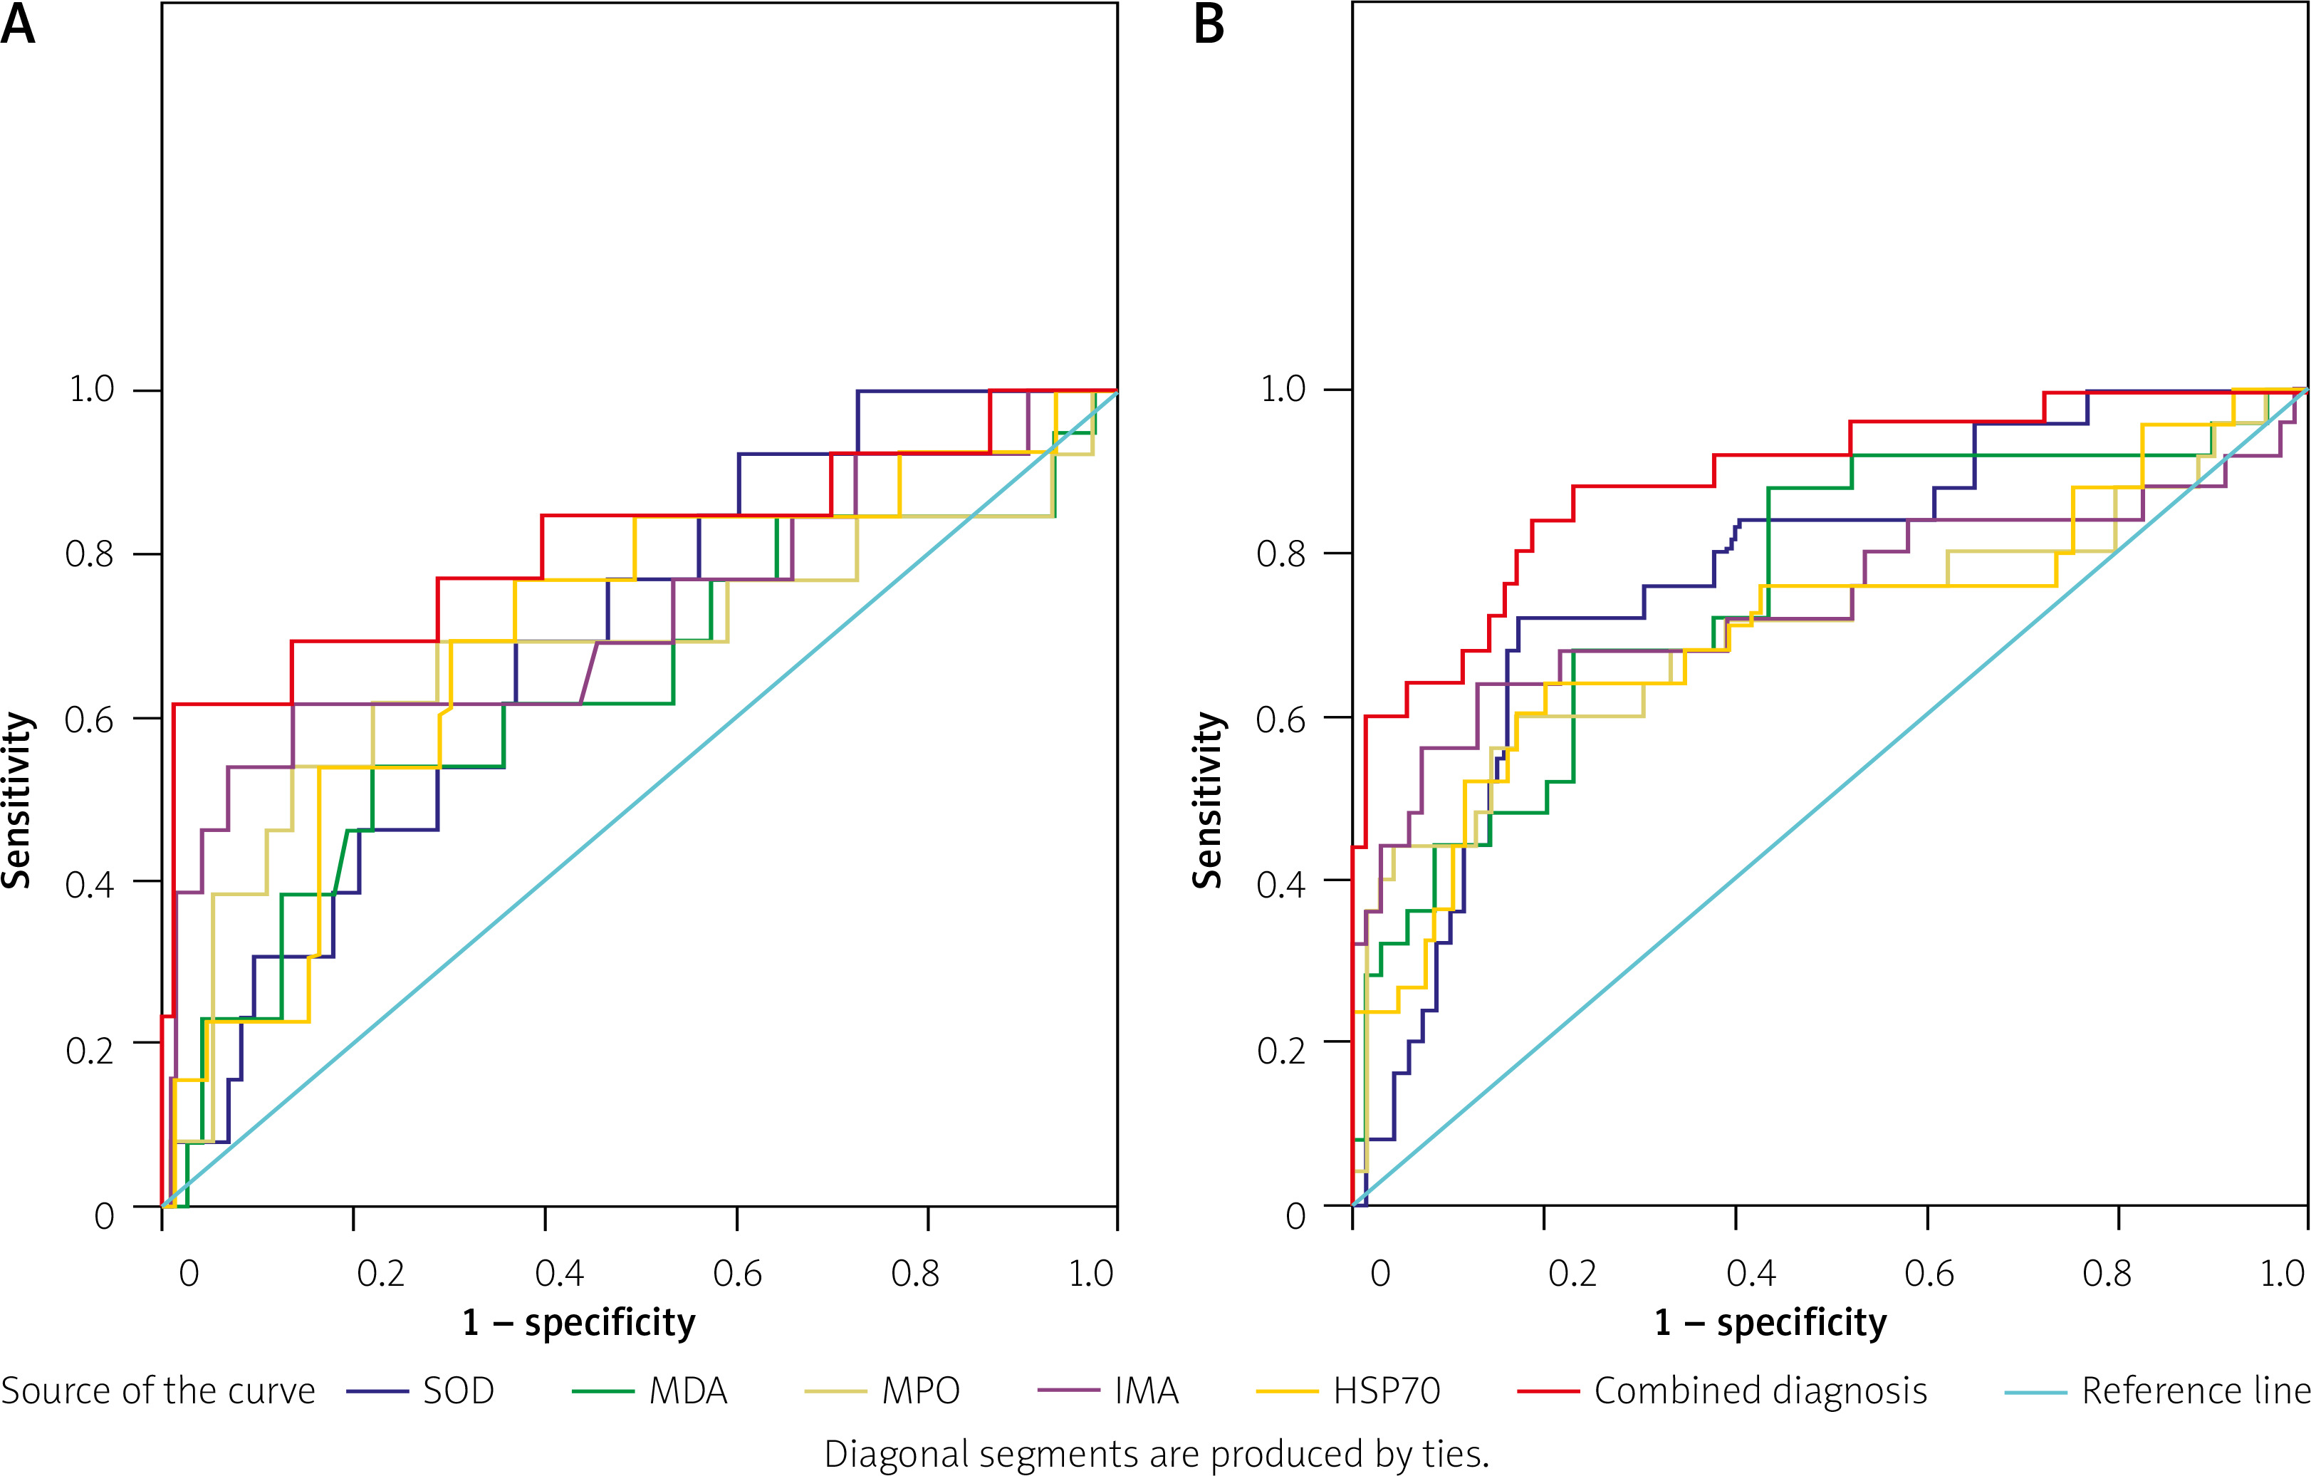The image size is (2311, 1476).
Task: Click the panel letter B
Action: point(1209,25)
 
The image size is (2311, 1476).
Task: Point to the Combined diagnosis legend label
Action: point(1760,1391)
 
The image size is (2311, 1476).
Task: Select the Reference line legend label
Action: point(2194,1391)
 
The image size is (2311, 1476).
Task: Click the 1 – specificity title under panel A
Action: point(579,1322)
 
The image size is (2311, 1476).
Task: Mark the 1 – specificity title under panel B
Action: point(1770,1322)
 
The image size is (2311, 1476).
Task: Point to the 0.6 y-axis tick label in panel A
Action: point(89,719)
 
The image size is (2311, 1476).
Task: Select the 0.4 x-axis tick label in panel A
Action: point(560,1274)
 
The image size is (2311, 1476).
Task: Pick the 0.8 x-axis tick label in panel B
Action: point(2107,1274)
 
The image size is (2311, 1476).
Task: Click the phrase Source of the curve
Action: point(158,1391)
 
